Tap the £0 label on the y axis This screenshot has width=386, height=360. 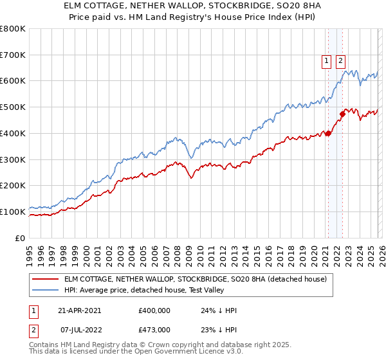coord(21,238)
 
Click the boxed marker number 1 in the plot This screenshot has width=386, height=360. coord(326,61)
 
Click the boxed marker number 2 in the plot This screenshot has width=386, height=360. coord(340,61)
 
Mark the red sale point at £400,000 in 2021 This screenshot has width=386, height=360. coord(328,134)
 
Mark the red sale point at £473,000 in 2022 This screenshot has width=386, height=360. coord(342,114)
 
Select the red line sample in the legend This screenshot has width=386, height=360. coord(46,280)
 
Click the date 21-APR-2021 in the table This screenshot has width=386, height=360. coord(80,310)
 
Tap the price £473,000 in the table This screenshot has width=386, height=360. coord(154,329)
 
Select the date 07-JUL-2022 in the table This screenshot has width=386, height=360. coord(80,329)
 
